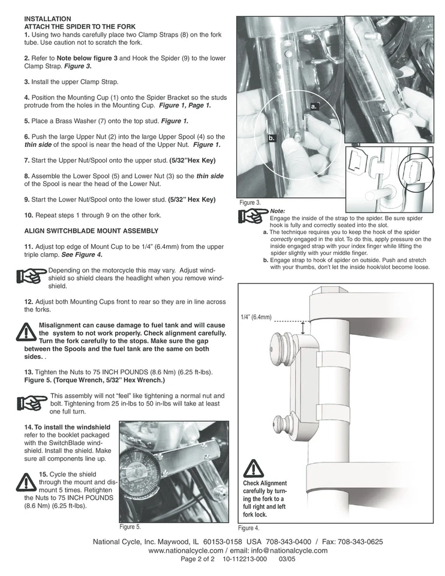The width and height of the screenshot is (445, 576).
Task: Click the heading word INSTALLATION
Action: pos(47,19)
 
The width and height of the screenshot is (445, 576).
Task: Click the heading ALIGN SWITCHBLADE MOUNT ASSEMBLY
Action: pos(91,230)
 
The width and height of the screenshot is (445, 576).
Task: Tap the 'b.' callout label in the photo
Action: pos(271,139)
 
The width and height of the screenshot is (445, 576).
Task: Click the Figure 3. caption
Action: pos(250,203)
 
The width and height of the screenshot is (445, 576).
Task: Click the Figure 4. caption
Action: pos(249,529)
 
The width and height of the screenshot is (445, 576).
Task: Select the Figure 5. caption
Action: pos(130,527)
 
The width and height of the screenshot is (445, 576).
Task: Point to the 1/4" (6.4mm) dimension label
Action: pos(256,317)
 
